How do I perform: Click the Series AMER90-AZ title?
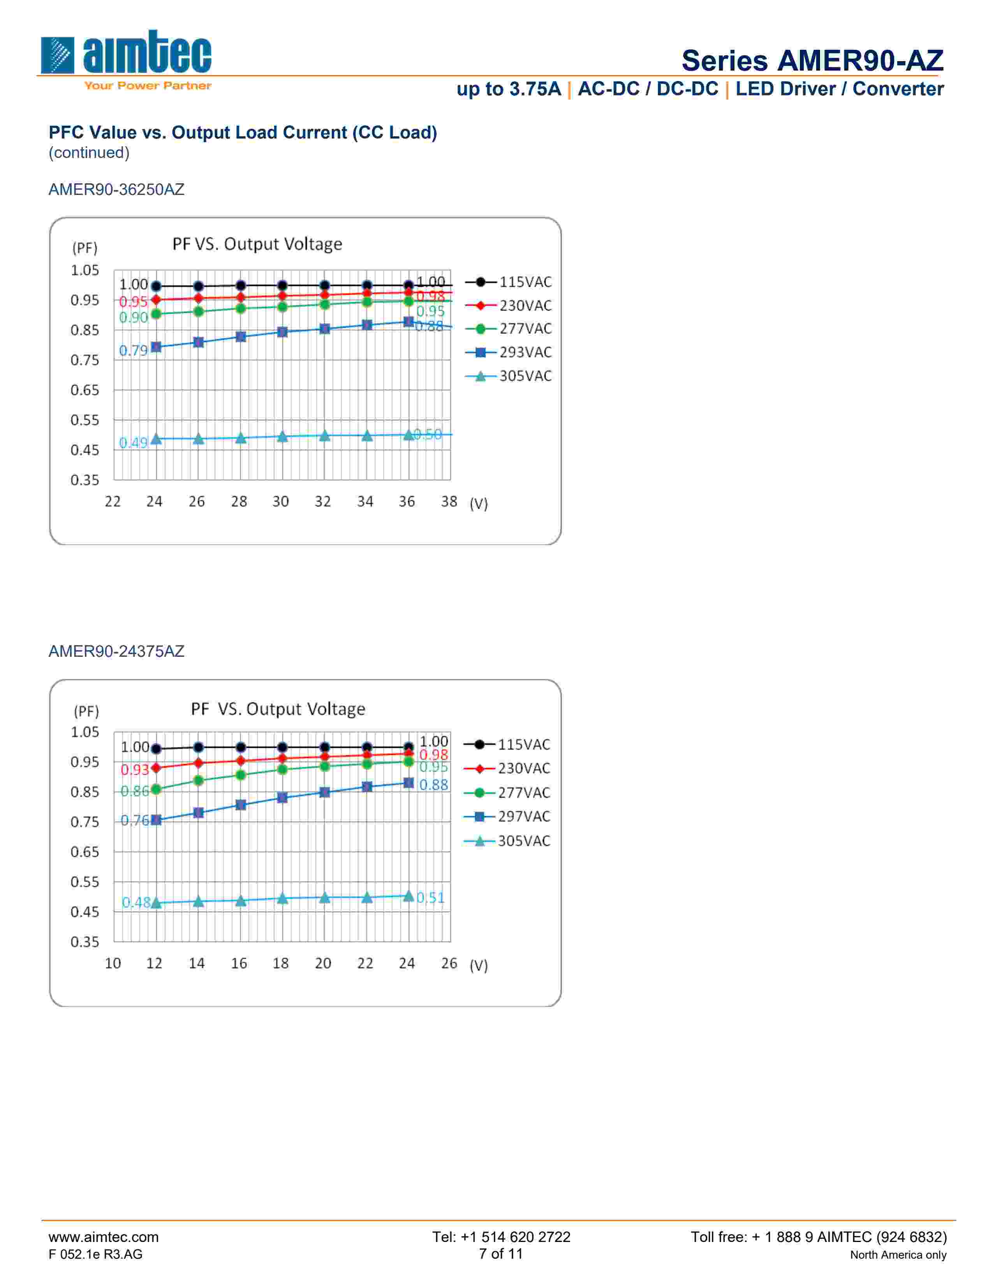tap(812, 61)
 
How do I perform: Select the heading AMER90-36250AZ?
tap(116, 189)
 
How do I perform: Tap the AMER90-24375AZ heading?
tap(116, 651)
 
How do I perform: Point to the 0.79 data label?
tap(133, 351)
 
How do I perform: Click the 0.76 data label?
tap(135, 820)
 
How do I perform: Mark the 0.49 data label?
tap(133, 443)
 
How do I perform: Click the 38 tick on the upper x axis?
tap(449, 502)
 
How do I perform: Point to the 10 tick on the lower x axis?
tap(113, 964)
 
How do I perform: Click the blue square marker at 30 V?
tap(282, 332)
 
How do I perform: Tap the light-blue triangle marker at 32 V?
tap(324, 436)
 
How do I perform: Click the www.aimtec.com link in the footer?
tap(104, 1237)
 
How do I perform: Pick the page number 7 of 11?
tap(501, 1254)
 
